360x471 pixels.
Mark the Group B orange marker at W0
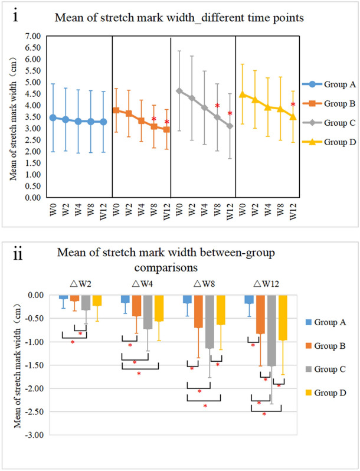pos(116,110)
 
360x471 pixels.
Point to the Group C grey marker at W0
pos(179,91)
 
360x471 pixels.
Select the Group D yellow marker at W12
pos(293,116)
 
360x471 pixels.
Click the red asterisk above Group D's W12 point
pos(293,105)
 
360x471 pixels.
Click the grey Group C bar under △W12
pos(271,331)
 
